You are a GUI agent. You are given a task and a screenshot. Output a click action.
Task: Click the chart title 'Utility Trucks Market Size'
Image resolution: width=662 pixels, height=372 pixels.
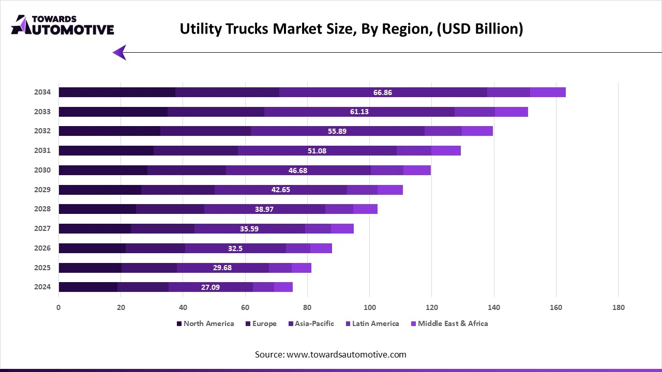point(351,29)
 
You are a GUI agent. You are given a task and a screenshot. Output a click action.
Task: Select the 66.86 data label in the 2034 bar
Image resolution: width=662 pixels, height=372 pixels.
point(382,92)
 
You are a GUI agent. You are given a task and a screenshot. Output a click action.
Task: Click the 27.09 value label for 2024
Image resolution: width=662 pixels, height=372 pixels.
point(210,287)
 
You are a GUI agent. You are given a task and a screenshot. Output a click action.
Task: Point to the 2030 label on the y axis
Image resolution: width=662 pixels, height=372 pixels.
point(42,170)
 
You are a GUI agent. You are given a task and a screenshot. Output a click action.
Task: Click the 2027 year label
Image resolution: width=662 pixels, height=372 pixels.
point(42,228)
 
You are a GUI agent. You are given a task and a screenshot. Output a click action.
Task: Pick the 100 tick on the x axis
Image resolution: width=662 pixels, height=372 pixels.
point(369,307)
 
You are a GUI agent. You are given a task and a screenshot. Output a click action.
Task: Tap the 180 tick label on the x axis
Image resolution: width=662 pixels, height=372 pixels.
point(618,307)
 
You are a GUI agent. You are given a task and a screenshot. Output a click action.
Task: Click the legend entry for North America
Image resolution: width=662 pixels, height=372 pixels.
point(205,323)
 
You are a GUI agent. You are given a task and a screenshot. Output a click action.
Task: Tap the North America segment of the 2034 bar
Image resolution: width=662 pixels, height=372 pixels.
point(117,92)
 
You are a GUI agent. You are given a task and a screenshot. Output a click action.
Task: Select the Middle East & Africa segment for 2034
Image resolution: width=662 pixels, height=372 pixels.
point(548,92)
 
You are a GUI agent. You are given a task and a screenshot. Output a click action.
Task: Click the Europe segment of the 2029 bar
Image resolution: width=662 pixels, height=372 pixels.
point(177,190)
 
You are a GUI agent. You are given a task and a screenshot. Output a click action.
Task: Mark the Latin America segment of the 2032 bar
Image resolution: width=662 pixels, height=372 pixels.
point(443,131)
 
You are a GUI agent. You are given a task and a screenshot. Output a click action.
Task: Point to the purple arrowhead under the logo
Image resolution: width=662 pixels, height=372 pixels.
point(119,52)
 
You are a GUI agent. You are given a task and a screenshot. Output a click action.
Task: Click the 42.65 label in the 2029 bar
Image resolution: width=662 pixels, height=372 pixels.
point(280,190)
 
